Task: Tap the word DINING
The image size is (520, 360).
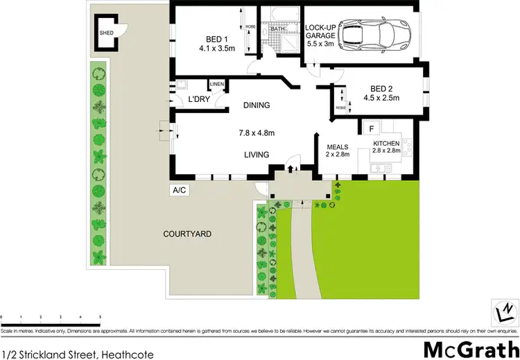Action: click(x=256, y=105)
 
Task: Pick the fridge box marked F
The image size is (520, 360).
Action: click(x=371, y=128)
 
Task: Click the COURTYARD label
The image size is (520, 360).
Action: click(x=187, y=234)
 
